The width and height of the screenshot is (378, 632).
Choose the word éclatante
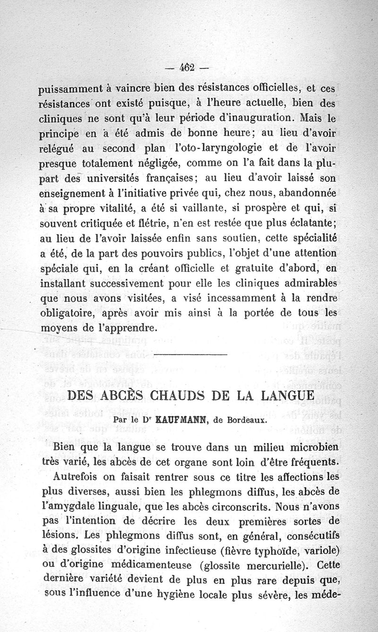tap(308, 223)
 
